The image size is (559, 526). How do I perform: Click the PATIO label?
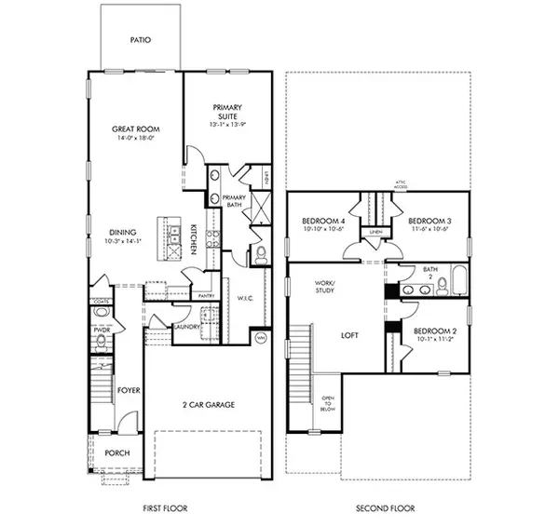142,41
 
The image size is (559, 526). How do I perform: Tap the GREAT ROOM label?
135,130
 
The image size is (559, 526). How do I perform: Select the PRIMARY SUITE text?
226,109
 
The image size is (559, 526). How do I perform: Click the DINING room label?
122,232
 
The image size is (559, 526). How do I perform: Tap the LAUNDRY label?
187,327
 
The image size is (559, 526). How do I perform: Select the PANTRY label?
208,296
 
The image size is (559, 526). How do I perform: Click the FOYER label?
128,390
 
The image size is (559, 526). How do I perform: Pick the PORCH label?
116,453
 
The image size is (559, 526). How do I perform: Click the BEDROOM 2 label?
434,331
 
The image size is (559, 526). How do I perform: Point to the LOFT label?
350,336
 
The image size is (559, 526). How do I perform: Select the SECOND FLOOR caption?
388,508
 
